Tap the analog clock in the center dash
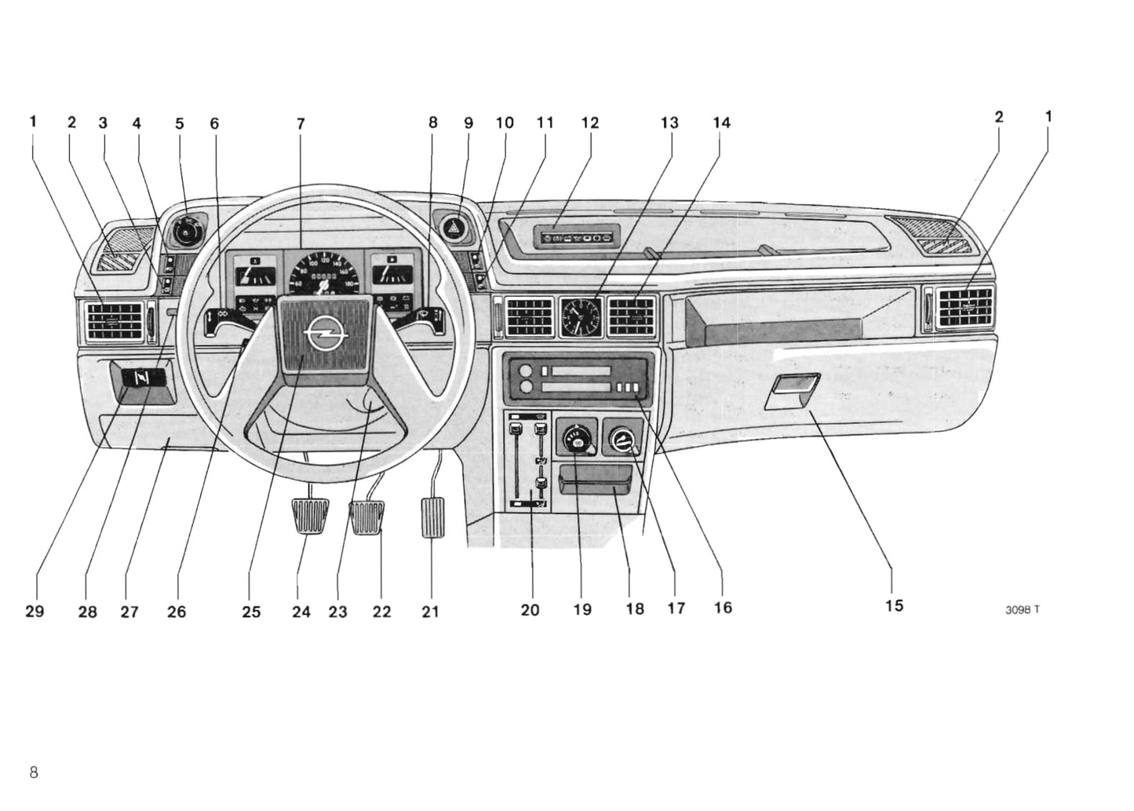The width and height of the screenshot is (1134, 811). (581, 316)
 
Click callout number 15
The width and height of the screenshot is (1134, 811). (894, 605)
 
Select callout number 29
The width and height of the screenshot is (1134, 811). (35, 612)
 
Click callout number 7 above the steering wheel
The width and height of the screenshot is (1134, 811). (301, 124)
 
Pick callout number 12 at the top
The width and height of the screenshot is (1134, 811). (589, 122)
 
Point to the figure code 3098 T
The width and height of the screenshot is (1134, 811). (1022, 610)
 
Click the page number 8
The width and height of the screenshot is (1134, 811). (34, 771)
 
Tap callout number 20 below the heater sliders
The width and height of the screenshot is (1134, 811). (530, 610)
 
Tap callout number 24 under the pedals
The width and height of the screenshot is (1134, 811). (301, 612)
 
